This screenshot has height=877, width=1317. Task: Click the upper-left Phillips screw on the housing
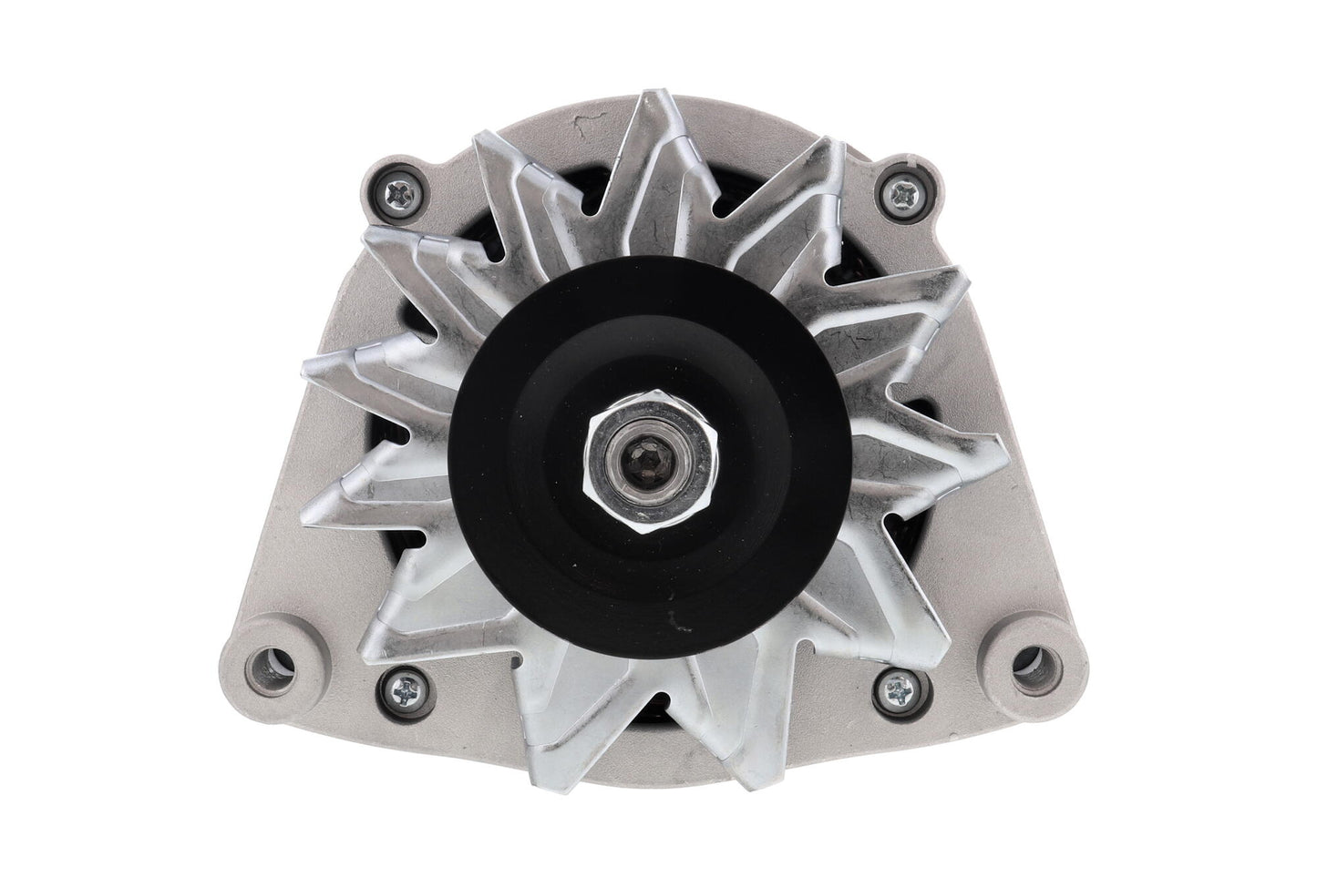click(x=402, y=192)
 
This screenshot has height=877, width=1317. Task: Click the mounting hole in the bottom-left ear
click(x=271, y=658)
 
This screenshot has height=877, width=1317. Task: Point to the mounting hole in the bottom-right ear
click(x=1032, y=658)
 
